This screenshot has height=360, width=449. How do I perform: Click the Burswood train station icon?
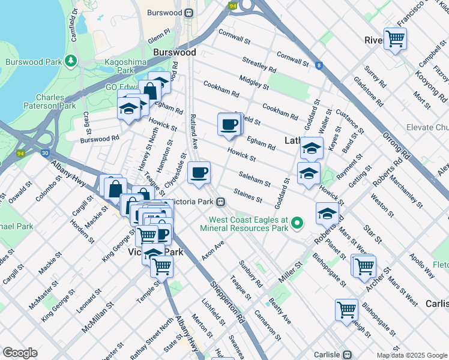pyautogui.click(x=188, y=12)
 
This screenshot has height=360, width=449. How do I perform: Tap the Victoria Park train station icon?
pyautogui.click(x=221, y=202)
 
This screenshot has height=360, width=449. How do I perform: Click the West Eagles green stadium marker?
pyautogui.click(x=296, y=224)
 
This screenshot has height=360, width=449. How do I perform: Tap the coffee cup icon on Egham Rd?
pyautogui.click(x=229, y=125)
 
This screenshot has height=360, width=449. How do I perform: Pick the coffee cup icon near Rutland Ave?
pyautogui.click(x=199, y=173)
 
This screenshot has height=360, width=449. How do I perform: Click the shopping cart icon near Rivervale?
pyautogui.click(x=395, y=39)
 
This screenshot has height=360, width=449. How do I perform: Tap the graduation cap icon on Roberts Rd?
pyautogui.click(x=327, y=213)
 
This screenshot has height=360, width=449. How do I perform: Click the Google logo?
pyautogui.click(x=20, y=353)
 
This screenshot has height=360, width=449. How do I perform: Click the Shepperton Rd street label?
pyautogui.click(x=226, y=300)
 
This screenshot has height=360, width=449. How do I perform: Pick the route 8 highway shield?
pyautogui.click(x=319, y=65)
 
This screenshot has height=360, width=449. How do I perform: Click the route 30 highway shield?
pyautogui.click(x=46, y=153)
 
